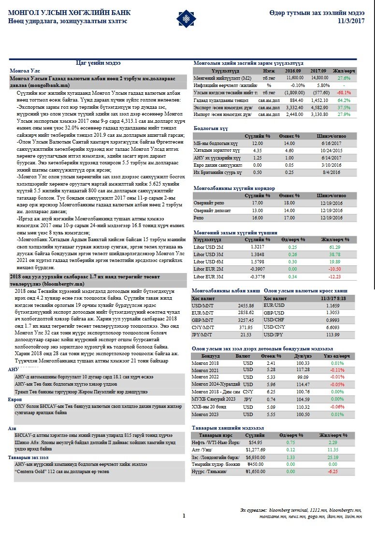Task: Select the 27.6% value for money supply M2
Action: [x=344, y=77]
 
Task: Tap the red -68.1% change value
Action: [x=344, y=92]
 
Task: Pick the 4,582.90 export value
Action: [x=320, y=107]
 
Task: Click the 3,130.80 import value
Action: [x=320, y=114]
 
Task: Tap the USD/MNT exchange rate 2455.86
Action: [x=246, y=305]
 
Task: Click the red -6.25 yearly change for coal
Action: [x=332, y=472]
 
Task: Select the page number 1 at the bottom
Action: [x=184, y=516]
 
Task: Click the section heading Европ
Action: [x=15, y=400]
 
